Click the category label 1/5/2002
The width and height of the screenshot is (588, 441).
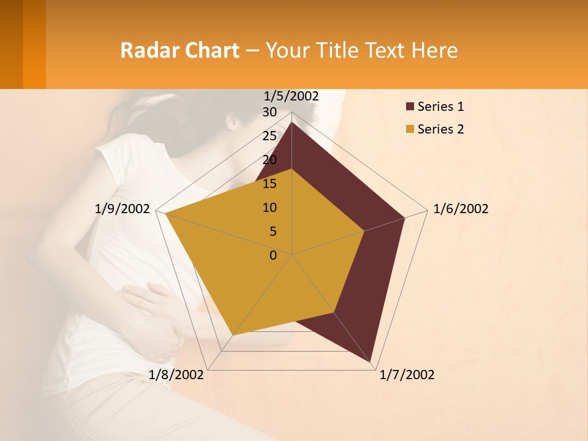[291, 96]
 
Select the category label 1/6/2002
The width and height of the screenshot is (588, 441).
[461, 209]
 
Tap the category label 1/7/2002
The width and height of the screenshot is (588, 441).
[407, 375]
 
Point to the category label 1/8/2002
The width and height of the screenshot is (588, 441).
[176, 375]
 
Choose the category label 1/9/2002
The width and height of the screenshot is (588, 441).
[122, 209]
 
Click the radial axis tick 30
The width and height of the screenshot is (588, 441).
[269, 112]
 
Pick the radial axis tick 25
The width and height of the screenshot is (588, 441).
[269, 136]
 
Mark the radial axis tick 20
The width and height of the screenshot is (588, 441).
[269, 160]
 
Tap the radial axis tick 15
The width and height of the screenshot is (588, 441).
[269, 184]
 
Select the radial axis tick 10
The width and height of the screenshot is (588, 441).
[269, 208]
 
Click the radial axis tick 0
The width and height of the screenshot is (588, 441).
[273, 255]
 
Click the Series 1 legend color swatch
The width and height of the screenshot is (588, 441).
[410, 107]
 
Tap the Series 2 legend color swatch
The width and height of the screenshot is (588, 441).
[410, 129]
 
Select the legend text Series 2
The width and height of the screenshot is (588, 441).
[440, 129]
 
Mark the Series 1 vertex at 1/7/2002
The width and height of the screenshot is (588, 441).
[371, 362]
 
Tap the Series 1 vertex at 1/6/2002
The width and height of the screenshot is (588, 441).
[404, 217]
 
